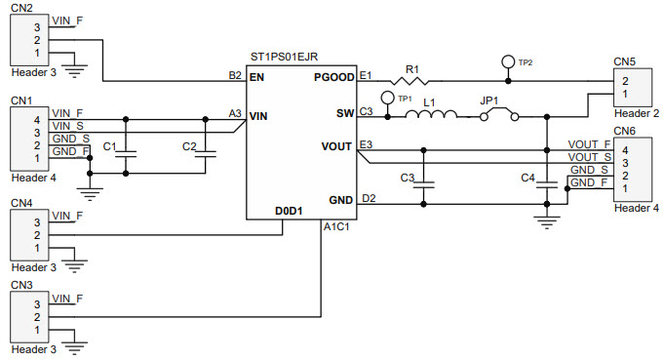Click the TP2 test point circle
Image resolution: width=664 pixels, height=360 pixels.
click(507, 61)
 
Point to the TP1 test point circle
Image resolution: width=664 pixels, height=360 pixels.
click(386, 98)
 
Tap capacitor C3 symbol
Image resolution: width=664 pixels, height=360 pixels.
click(423, 179)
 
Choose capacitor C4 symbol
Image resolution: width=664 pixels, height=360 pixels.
click(544, 179)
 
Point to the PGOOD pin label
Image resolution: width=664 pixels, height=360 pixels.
click(333, 75)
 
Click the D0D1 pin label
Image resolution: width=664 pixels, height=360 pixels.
click(290, 211)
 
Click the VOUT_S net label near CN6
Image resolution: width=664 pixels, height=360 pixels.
click(589, 157)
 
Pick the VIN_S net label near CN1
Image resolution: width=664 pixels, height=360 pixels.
click(67, 126)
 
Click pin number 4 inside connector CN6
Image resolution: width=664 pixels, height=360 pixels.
click(624, 149)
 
